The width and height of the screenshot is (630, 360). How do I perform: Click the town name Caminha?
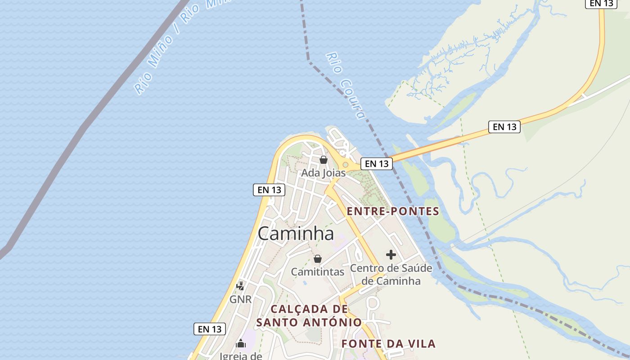click(296, 234)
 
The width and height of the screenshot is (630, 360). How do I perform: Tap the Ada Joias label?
click(323, 173)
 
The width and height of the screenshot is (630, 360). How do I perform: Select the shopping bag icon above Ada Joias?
click(323, 160)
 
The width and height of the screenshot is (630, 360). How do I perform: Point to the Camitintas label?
click(317, 272)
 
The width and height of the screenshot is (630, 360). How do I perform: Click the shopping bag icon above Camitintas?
click(317, 259)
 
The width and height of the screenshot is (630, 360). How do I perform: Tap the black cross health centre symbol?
click(391, 255)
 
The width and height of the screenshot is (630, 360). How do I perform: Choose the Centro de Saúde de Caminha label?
click(391, 274)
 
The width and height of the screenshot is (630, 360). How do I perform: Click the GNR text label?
click(240, 299)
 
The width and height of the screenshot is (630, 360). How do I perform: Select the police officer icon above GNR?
click(240, 286)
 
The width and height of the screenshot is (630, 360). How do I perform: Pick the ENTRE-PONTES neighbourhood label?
click(393, 211)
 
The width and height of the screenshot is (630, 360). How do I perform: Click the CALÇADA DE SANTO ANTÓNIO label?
click(309, 315)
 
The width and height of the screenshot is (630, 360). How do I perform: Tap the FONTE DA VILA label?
click(388, 344)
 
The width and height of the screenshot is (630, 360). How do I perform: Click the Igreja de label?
click(240, 356)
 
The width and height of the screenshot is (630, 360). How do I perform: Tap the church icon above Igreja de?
click(241, 344)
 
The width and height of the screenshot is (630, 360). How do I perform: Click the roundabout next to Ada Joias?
click(345, 165)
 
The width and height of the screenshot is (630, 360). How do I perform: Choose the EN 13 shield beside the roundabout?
click(377, 164)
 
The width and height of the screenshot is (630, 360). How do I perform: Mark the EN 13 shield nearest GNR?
click(210, 329)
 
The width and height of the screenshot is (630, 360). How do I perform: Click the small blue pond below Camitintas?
click(304, 283)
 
